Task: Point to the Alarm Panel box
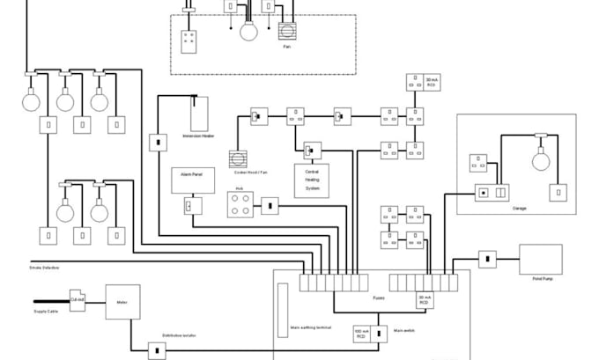[x=187, y=180]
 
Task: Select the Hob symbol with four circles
[x=240, y=205]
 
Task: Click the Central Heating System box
[x=312, y=180]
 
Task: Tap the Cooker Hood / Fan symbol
[x=239, y=158]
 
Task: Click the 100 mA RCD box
[x=360, y=334]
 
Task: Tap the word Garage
[x=519, y=209]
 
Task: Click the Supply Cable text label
[x=47, y=312]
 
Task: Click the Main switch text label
[x=403, y=331]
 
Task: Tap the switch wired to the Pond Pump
[x=487, y=260]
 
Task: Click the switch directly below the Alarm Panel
[x=188, y=206]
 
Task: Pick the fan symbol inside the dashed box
[x=287, y=32]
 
